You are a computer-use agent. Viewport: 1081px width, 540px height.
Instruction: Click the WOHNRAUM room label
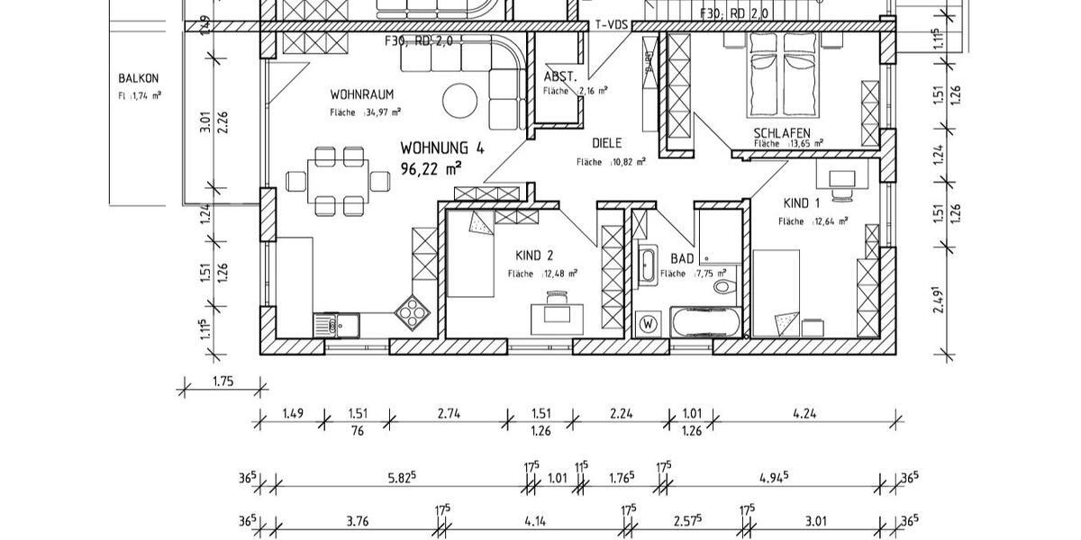361,94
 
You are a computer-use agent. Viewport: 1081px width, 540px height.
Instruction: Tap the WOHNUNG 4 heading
441,148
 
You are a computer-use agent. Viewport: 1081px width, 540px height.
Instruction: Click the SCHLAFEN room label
781,132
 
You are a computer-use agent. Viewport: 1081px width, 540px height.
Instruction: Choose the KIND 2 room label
535,256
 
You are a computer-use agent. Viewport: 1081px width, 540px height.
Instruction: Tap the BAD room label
682,258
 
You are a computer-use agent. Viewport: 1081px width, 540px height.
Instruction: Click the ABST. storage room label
559,76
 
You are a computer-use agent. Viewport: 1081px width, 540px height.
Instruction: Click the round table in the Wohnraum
460,100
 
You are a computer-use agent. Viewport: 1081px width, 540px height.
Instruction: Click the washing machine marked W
647,322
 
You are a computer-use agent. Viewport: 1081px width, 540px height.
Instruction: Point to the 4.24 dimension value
804,413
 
